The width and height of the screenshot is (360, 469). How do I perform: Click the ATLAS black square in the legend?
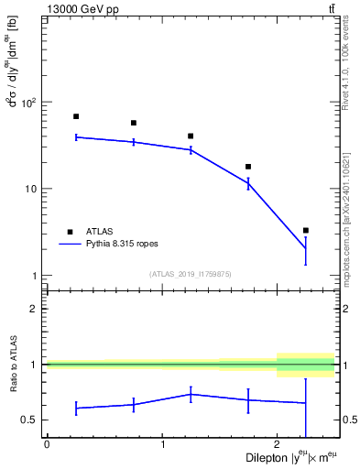click(x=69, y=232)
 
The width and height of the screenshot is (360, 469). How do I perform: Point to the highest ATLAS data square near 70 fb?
click(x=76, y=116)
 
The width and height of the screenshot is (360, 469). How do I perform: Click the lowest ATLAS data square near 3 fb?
click(x=306, y=230)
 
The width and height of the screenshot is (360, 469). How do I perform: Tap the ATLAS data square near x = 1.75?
click(x=248, y=167)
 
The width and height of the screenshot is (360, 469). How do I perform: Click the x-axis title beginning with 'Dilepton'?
click(x=291, y=457)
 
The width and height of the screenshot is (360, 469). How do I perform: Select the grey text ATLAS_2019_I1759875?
click(x=191, y=273)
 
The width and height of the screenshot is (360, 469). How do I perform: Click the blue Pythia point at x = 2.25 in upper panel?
click(x=306, y=248)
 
